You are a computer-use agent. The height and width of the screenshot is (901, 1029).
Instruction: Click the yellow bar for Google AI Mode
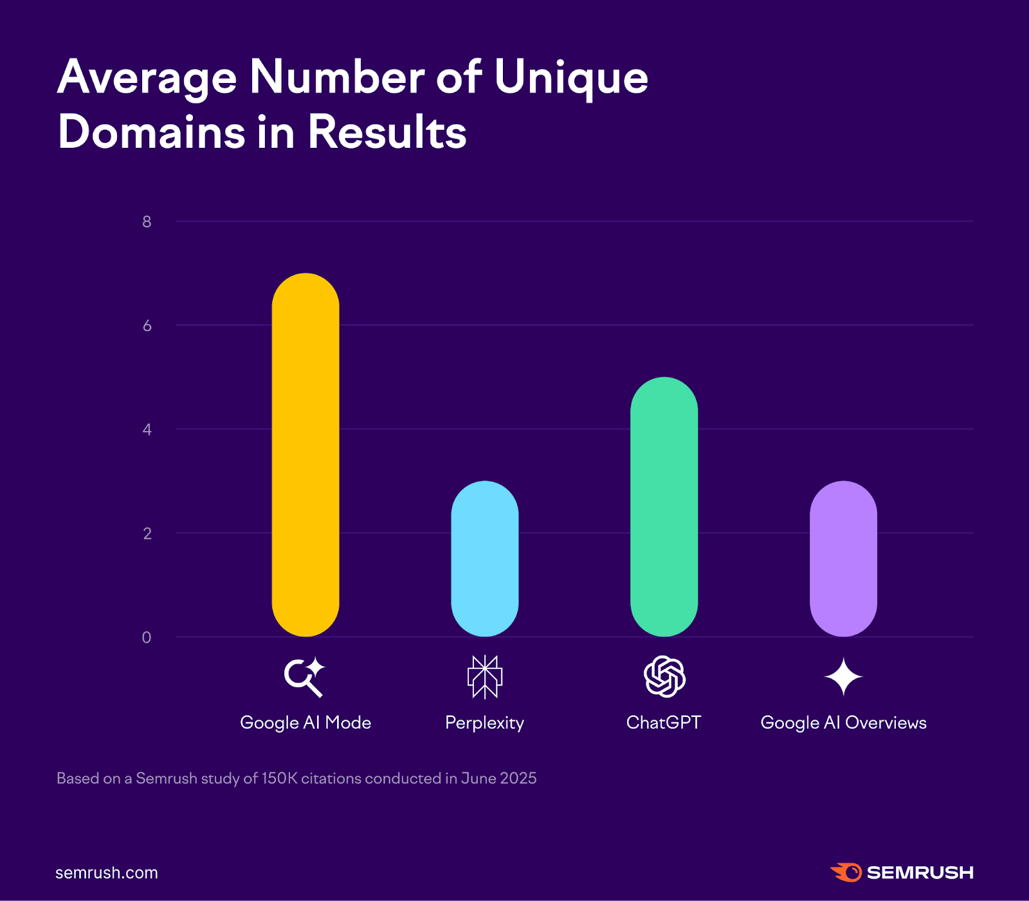tap(305, 455)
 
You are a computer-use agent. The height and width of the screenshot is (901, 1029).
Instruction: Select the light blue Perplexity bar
tap(485, 558)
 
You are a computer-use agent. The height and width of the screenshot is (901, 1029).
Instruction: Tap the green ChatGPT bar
tap(664, 507)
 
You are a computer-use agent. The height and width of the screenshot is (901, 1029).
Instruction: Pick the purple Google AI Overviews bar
tap(843, 558)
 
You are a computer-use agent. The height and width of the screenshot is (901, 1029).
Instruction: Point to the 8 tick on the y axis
tap(147, 222)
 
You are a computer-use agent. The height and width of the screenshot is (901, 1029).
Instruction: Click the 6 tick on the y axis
tap(147, 325)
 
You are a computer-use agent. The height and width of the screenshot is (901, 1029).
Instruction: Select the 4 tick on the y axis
tap(147, 430)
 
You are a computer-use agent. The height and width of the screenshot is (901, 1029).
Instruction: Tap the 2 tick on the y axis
tap(147, 533)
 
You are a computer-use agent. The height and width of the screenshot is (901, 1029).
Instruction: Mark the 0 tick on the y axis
tap(147, 637)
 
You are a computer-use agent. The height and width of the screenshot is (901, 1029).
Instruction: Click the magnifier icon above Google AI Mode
tap(304, 677)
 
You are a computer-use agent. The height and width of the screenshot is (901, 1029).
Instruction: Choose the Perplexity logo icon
tap(485, 677)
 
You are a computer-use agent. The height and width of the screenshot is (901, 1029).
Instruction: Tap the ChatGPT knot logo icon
tap(664, 677)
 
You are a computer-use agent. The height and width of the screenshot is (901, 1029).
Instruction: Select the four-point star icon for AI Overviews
tap(843, 677)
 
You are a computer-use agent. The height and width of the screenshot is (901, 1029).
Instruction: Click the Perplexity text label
tap(485, 723)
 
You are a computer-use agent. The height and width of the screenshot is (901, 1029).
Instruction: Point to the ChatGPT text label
tap(664, 723)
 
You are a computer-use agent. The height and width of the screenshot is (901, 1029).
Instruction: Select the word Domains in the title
tap(152, 132)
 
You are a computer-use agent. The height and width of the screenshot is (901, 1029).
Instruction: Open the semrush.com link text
tap(107, 873)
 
